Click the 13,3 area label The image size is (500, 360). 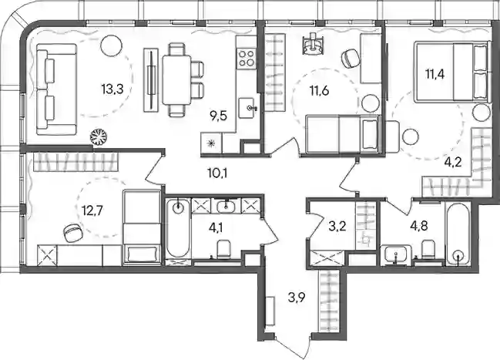point(112,89)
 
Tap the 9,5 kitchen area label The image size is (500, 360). point(218,116)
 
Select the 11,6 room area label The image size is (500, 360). point(319,91)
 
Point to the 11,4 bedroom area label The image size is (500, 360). point(435,74)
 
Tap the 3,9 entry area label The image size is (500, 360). point(297,298)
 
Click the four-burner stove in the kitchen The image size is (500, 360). point(247,58)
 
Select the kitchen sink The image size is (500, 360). point(249,108)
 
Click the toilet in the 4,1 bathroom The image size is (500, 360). point(223,249)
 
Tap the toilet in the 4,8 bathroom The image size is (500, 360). point(428,250)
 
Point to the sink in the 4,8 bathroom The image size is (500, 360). point(396,254)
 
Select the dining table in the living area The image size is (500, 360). point(176,80)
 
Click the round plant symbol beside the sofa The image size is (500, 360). point(99,137)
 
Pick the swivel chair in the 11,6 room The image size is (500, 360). point(350,58)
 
